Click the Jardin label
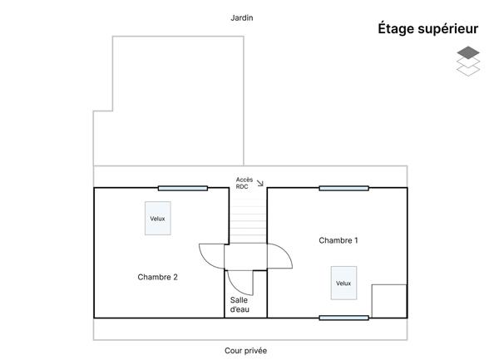pos(242,17)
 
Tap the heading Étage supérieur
pos(427,28)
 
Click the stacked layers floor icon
pos(468,61)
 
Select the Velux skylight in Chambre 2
pos(158,218)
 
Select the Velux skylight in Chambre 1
pos(343,283)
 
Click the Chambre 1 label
pos(338,240)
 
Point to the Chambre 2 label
pos(157,277)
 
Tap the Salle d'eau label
pos(240,304)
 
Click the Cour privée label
pos(245,351)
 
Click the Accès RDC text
pos(244,183)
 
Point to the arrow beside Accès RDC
pos(260,183)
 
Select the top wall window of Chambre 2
pos(183,188)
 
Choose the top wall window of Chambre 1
pos(344,188)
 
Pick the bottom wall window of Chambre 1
pos(344,318)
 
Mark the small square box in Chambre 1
pos(389,301)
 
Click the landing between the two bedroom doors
pos(245,257)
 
